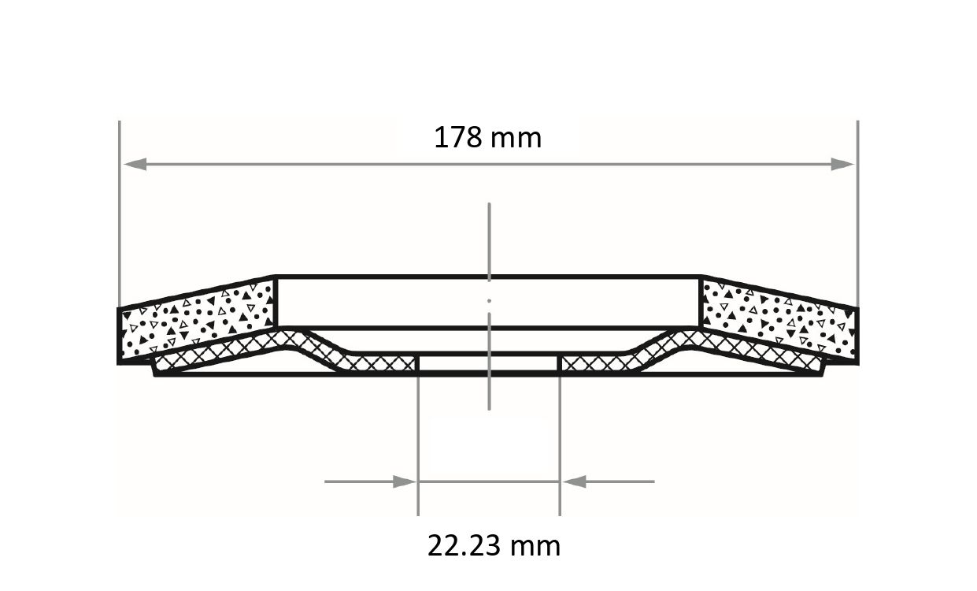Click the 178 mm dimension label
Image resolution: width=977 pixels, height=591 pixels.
[x=487, y=137]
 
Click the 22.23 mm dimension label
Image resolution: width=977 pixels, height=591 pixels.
[x=494, y=545]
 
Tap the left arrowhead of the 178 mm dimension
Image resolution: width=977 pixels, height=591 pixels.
[x=135, y=165]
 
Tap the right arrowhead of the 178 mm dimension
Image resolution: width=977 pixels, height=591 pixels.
[x=842, y=165]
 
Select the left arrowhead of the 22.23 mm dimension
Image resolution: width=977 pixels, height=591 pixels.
[x=405, y=482]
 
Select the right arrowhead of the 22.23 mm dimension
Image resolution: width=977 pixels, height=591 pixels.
[x=574, y=482]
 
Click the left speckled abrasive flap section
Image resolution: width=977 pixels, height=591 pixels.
[x=196, y=321]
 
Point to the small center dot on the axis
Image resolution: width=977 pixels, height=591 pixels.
[x=490, y=301]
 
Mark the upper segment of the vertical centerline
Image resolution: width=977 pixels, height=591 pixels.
[x=490, y=242]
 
